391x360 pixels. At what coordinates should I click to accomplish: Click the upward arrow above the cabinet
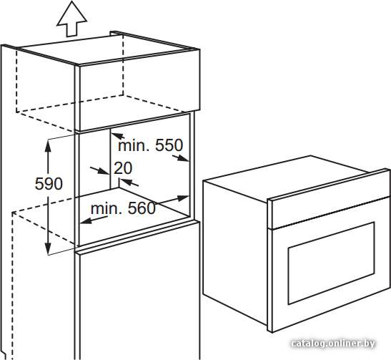(x=72, y=19)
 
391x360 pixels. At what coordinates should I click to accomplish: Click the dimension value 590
(x=49, y=184)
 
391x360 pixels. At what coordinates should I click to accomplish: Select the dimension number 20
(x=123, y=168)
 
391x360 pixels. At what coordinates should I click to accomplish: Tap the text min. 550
(x=150, y=145)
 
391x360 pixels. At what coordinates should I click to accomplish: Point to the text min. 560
(x=123, y=208)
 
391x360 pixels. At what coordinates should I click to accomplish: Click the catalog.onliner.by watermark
(x=333, y=344)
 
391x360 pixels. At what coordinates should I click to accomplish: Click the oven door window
(x=332, y=263)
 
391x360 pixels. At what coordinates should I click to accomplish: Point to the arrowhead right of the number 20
(x=125, y=182)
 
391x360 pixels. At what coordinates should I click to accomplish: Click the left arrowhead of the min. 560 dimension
(x=86, y=220)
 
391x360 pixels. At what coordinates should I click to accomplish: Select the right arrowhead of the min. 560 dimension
(x=183, y=198)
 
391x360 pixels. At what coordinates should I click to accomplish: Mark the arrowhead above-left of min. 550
(x=117, y=135)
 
